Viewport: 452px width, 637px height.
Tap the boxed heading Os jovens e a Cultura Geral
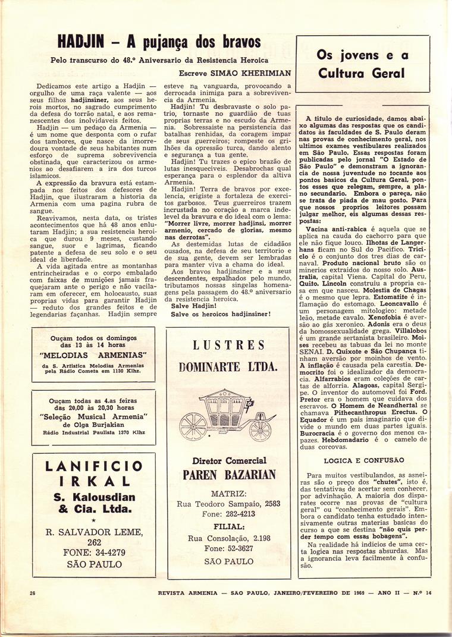[x=362, y=64]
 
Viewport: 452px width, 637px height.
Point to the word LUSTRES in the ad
[x=228, y=345]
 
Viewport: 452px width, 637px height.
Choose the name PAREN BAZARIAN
[x=228, y=474]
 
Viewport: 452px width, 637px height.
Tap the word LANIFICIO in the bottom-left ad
[x=93, y=465]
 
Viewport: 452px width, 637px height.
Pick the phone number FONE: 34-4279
[x=94, y=552]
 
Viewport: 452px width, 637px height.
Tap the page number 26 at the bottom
[x=33, y=593]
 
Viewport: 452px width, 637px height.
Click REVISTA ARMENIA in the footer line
[x=187, y=593]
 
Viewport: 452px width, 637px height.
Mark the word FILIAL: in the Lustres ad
[x=228, y=526]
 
